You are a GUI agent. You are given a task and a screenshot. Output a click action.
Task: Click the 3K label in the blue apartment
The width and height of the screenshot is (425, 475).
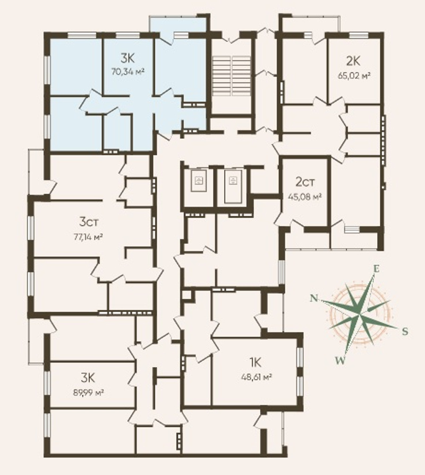click(127, 57)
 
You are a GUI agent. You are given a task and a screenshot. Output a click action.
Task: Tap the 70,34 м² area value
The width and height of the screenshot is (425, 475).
click(127, 72)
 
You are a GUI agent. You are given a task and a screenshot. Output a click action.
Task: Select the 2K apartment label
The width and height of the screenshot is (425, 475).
click(353, 61)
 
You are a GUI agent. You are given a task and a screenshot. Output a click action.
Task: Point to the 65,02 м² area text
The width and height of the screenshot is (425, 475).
click(354, 75)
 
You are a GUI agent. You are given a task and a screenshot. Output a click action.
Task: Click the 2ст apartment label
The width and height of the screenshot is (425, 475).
click(305, 182)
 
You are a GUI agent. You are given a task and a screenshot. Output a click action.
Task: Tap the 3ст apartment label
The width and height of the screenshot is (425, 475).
click(89, 222)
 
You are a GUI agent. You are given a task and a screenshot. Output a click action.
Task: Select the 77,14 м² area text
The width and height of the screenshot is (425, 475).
click(88, 237)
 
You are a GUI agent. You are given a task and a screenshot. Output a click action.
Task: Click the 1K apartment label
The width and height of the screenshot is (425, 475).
click(256, 362)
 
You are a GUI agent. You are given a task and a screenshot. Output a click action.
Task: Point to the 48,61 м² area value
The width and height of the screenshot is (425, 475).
click(256, 377)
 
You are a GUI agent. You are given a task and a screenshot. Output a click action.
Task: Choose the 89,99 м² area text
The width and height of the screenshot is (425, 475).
click(89, 393)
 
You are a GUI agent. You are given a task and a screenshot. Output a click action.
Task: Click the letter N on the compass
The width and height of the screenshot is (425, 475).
click(314, 299)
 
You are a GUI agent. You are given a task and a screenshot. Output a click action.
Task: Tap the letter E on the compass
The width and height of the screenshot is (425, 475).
click(376, 268)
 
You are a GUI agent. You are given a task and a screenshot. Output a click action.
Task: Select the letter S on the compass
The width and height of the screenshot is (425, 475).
click(405, 331)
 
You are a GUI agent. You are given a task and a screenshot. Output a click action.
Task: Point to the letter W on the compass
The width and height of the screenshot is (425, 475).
click(340, 360)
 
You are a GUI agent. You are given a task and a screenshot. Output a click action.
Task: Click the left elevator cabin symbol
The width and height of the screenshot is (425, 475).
click(198, 181)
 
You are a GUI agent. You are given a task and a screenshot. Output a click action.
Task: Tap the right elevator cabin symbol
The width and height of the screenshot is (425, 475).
click(233, 186)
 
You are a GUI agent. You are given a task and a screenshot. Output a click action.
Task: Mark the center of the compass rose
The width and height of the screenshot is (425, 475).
click(359, 315)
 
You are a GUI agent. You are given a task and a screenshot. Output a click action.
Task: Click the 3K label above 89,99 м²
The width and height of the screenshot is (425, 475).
click(88, 378)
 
